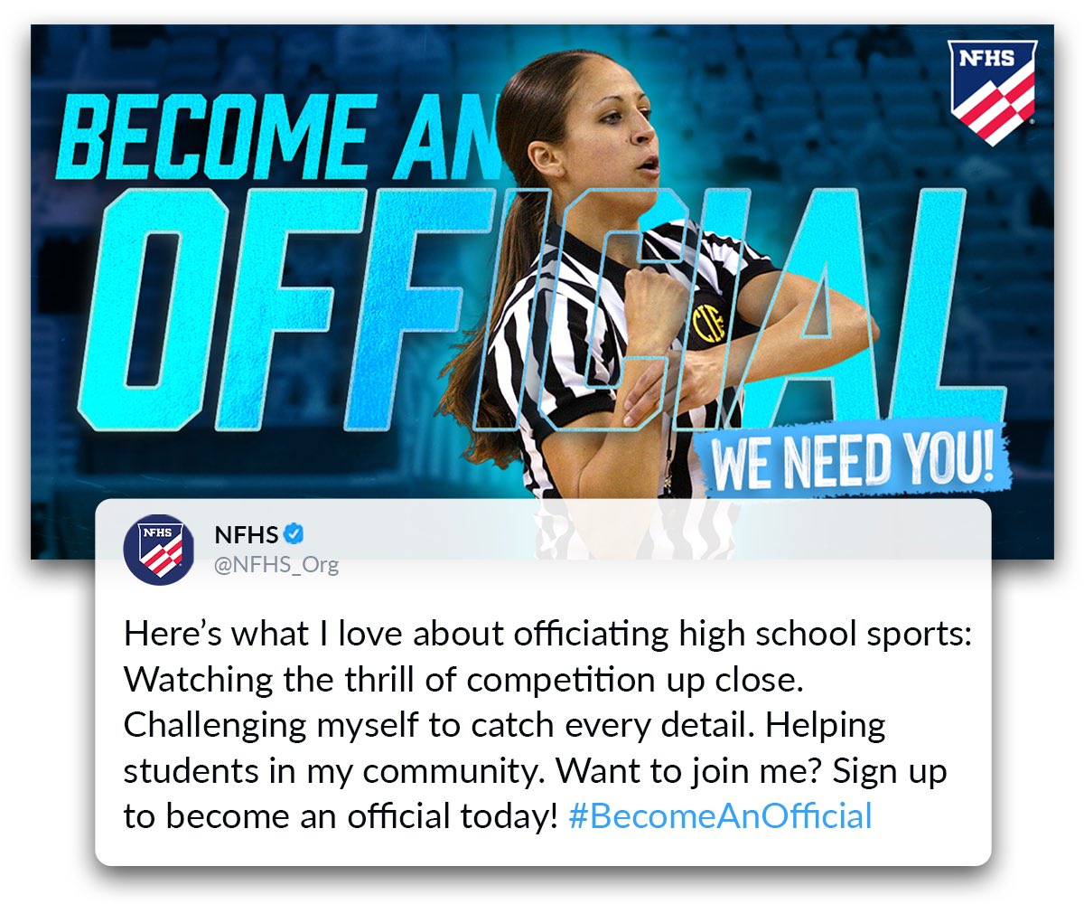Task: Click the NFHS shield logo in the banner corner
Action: click(x=992, y=92)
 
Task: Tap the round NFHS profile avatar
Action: click(x=159, y=549)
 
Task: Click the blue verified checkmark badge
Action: click(x=294, y=533)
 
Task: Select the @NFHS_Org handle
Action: click(x=276, y=565)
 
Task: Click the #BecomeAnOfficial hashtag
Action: click(x=720, y=815)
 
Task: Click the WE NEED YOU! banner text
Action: click(x=852, y=461)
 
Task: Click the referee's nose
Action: click(x=645, y=130)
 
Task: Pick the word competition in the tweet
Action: click(x=561, y=681)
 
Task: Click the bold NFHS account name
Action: click(x=247, y=534)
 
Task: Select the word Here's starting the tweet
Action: click(x=173, y=635)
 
